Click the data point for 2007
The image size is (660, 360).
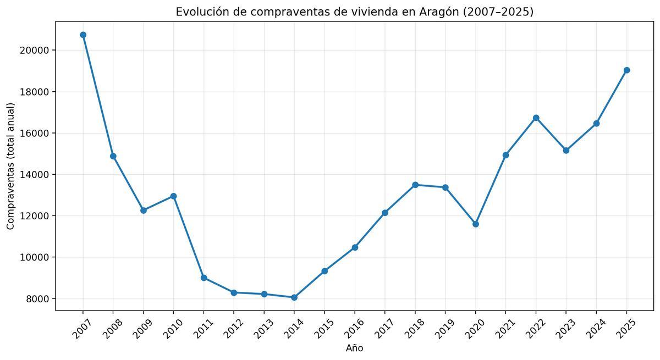point(83,35)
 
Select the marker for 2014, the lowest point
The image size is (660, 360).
point(294,297)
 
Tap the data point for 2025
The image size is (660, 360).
point(626,70)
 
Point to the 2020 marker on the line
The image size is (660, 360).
point(476,224)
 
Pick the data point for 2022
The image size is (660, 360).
point(536,118)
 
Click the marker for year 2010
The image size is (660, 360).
point(173,196)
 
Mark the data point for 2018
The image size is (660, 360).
point(415,185)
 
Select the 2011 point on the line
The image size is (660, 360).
point(204,278)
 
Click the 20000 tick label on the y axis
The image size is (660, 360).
point(35,50)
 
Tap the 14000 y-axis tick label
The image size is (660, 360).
point(35,175)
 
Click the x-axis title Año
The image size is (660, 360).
point(354,348)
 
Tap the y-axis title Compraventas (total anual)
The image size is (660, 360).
point(11,166)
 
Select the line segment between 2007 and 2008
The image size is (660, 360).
point(98,95)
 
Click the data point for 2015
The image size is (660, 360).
point(324,271)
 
